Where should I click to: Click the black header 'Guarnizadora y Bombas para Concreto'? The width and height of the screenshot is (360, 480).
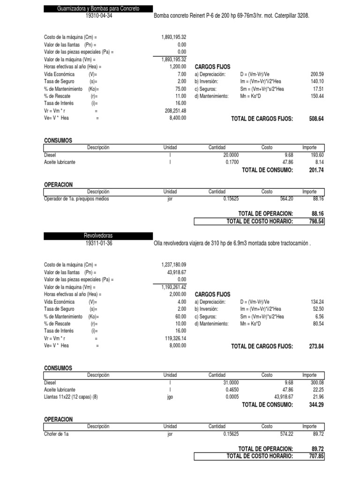click(x=98, y=9)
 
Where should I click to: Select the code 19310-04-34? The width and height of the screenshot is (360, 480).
click(x=99, y=16)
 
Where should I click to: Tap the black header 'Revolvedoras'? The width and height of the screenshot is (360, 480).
click(x=98, y=236)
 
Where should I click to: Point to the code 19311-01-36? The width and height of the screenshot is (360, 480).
click(x=99, y=243)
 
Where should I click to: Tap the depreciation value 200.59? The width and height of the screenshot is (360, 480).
click(x=317, y=75)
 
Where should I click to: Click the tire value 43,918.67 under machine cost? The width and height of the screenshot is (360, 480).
click(x=174, y=272)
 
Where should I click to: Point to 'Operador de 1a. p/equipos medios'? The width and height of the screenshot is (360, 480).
click(x=76, y=199)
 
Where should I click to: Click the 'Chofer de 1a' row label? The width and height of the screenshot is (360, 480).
click(x=56, y=434)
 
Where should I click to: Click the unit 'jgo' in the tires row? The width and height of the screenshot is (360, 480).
click(x=170, y=397)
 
